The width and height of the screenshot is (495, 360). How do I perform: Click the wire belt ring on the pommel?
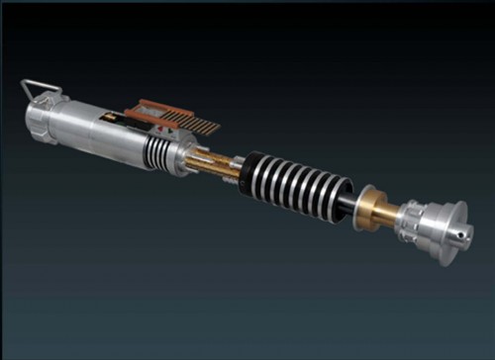point(38,91)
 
